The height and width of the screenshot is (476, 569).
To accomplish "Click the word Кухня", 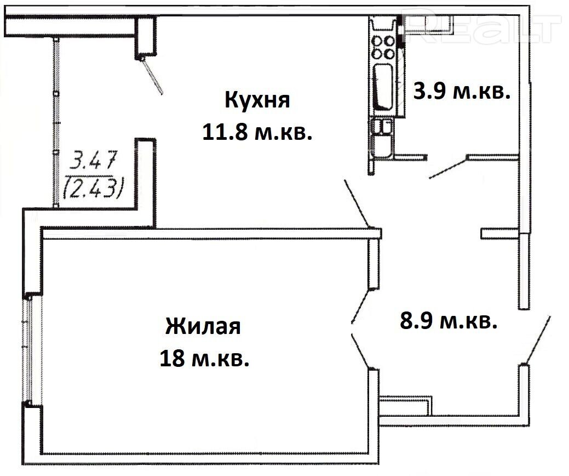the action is pyautogui.click(x=257, y=100).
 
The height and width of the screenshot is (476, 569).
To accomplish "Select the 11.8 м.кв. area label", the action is pyautogui.click(x=257, y=132).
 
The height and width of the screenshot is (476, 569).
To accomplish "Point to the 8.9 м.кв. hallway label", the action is pyautogui.click(x=449, y=321).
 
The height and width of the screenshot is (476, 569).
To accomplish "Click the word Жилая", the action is pyautogui.click(x=203, y=326).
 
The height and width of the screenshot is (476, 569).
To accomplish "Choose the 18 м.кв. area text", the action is pyautogui.click(x=204, y=359).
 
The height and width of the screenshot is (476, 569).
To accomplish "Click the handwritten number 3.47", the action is pyautogui.click(x=94, y=160).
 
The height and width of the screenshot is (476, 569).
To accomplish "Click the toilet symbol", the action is pyautogui.click(x=382, y=139).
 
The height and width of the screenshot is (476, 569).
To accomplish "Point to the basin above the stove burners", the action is pyautogui.click(x=383, y=26).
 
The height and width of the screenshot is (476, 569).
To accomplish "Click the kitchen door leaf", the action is pyautogui.click(x=357, y=202).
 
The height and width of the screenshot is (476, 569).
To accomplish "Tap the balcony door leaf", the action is pyautogui.click(x=152, y=76).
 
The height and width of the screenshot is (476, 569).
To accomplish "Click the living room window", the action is pyautogui.click(x=28, y=349).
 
